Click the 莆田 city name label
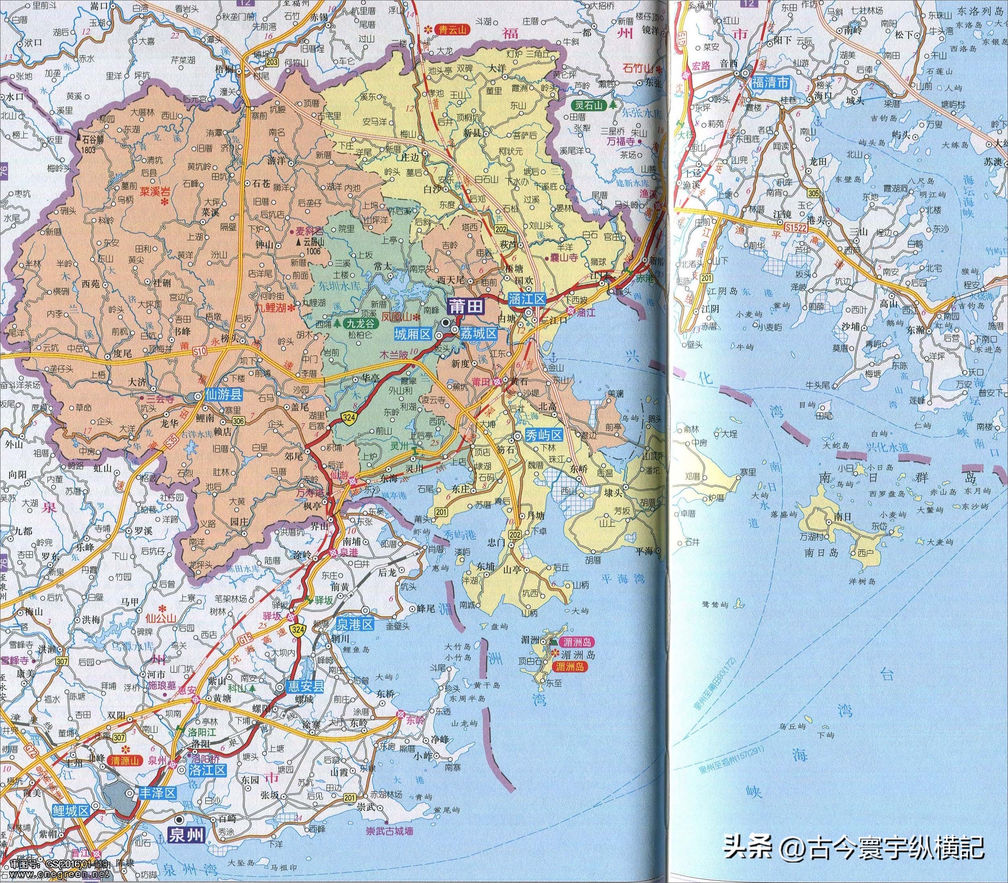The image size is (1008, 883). click(465, 306)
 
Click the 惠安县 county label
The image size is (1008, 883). click(306, 687)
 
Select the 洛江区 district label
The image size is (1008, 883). click(207, 770)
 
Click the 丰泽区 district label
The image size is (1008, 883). click(158, 793)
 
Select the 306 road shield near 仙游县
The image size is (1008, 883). click(238, 420)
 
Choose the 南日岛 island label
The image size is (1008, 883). click(818, 552)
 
